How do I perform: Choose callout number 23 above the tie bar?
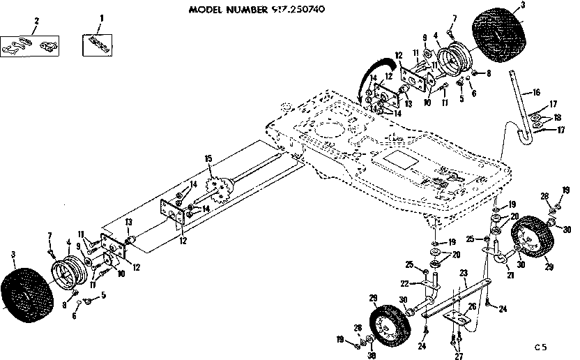click(461, 274)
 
